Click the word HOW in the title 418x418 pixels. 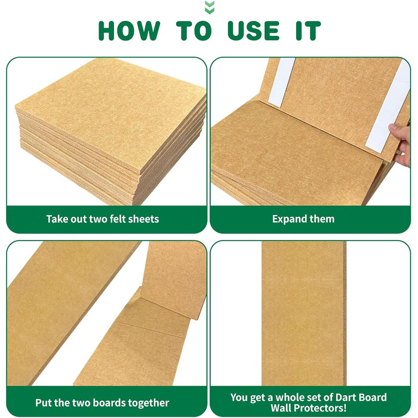point(130,30)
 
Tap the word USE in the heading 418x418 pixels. point(254,30)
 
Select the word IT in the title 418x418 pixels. point(309,30)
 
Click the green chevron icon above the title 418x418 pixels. point(209,7)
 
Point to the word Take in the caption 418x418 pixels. point(57,219)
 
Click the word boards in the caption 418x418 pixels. point(109,402)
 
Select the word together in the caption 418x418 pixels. point(149,403)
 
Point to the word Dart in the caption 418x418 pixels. point(339,397)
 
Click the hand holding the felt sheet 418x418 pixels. point(402,145)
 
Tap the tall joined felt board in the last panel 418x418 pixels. point(304,314)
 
